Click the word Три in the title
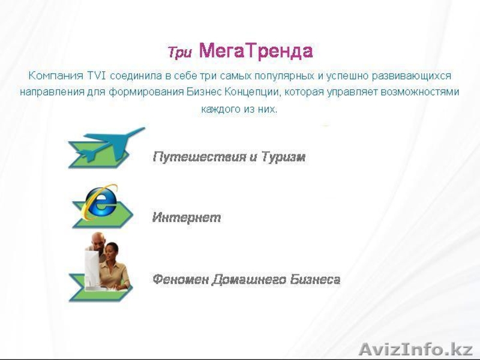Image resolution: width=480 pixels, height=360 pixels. click(179, 53)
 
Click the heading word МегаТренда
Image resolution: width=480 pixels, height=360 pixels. click(256, 50)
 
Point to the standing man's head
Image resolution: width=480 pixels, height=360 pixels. click(97, 240)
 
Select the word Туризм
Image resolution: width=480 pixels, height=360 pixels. click(283, 157)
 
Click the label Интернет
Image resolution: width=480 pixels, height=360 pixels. click(186, 218)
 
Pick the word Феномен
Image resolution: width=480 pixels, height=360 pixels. click(180, 280)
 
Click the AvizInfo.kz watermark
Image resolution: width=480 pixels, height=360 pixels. click(415, 349)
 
